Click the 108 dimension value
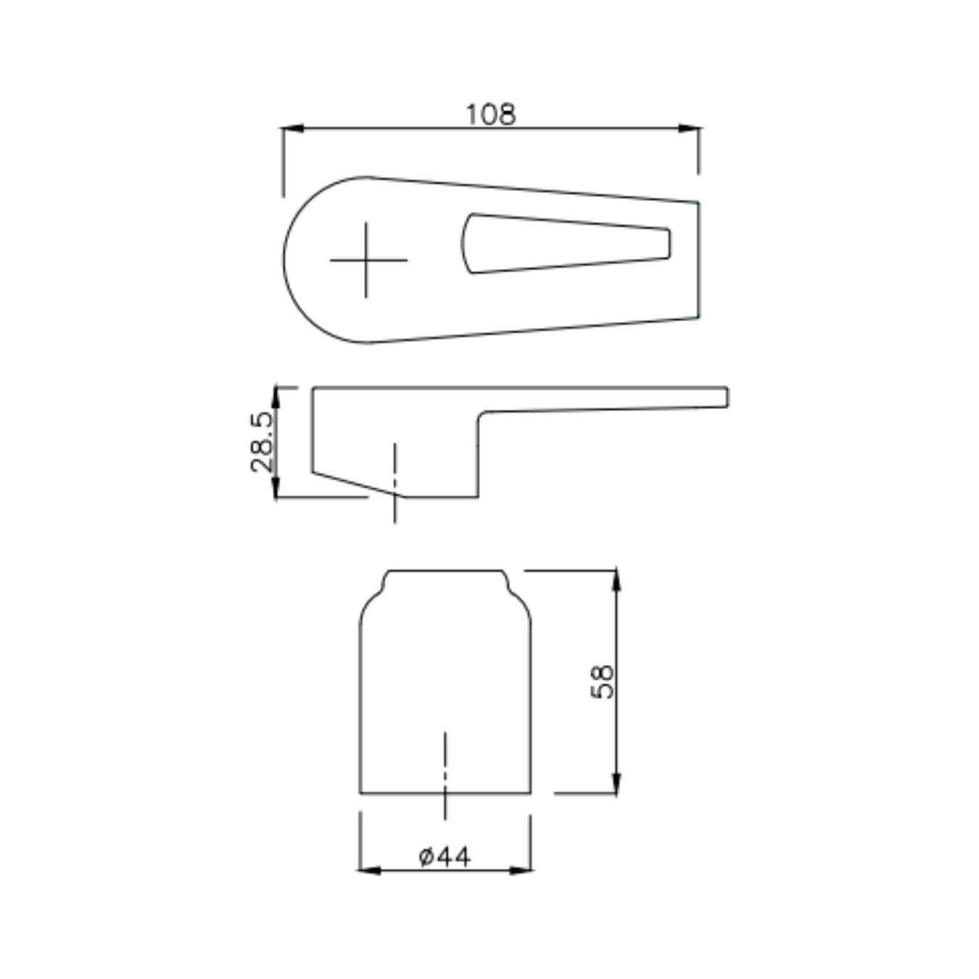(490, 115)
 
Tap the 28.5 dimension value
(262, 442)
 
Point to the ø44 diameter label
(445, 857)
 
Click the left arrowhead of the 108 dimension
(293, 128)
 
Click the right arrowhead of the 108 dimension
(690, 128)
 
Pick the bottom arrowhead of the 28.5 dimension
(276, 487)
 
